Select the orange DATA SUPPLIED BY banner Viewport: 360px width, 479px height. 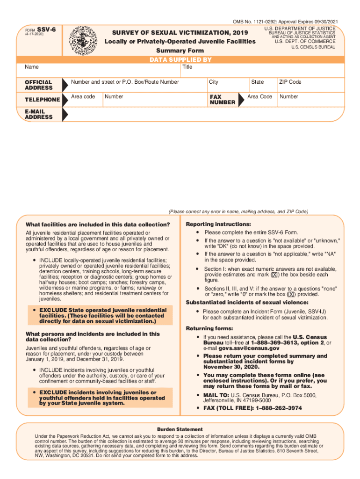(180, 60)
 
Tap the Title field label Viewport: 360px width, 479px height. (187, 67)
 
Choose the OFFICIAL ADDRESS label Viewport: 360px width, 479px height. (38, 85)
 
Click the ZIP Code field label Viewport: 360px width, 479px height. (290, 82)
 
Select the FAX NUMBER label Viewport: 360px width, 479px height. (223, 100)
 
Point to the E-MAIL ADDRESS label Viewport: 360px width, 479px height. (38, 114)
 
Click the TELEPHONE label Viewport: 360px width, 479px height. (42, 100)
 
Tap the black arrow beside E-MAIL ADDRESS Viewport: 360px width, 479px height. (65, 114)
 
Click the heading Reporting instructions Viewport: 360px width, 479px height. (212, 224)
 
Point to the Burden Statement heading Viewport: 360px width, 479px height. (180, 429)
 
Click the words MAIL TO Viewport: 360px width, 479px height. (216, 395)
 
